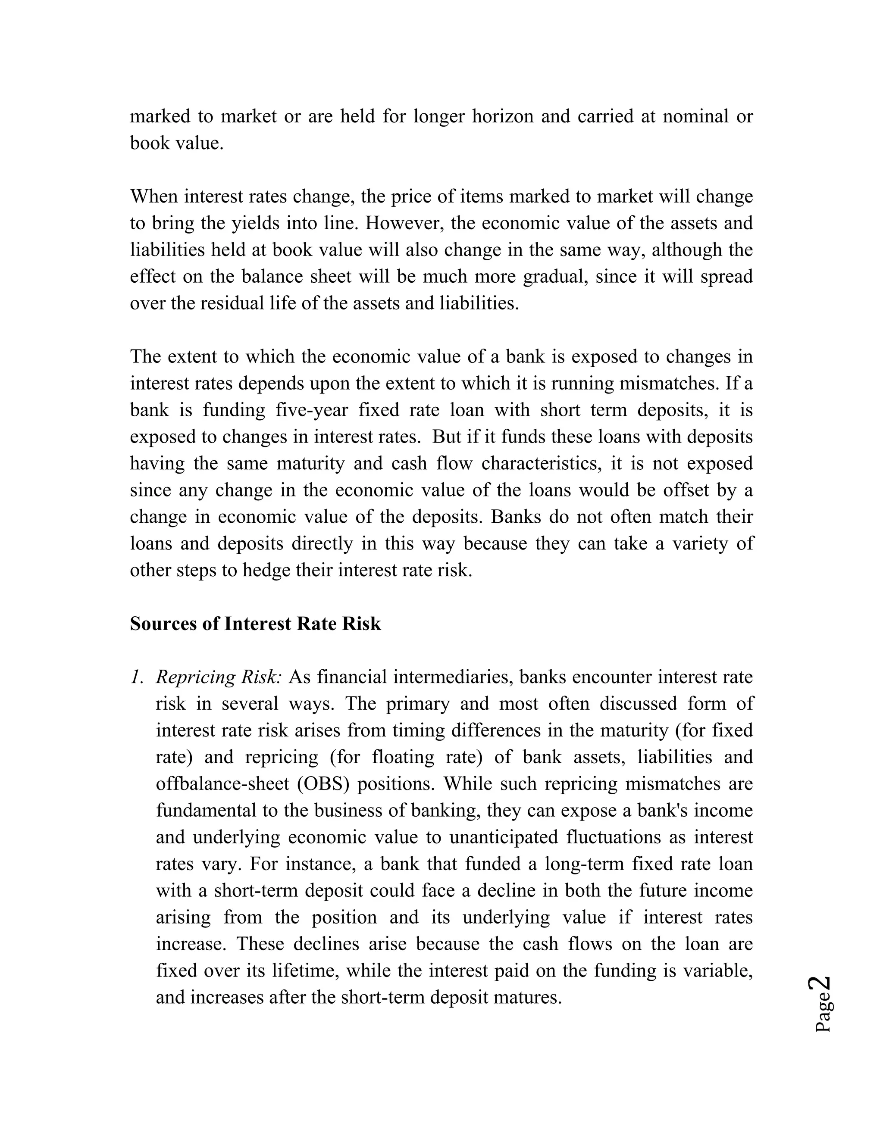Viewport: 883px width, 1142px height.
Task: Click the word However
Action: (x=404, y=223)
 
